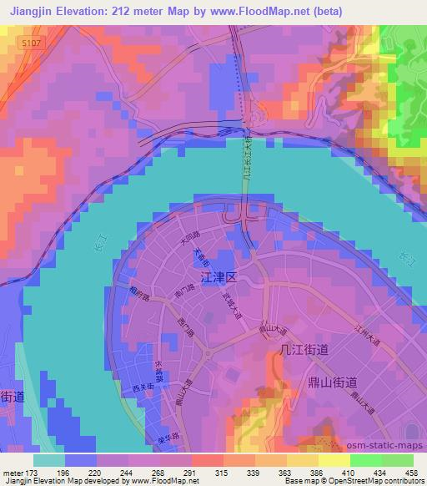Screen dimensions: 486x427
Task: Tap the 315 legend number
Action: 222,473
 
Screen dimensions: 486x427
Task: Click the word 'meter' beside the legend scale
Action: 13,473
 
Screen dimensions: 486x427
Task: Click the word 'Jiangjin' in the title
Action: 30,9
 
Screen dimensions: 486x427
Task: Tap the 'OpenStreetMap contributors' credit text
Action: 375,481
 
